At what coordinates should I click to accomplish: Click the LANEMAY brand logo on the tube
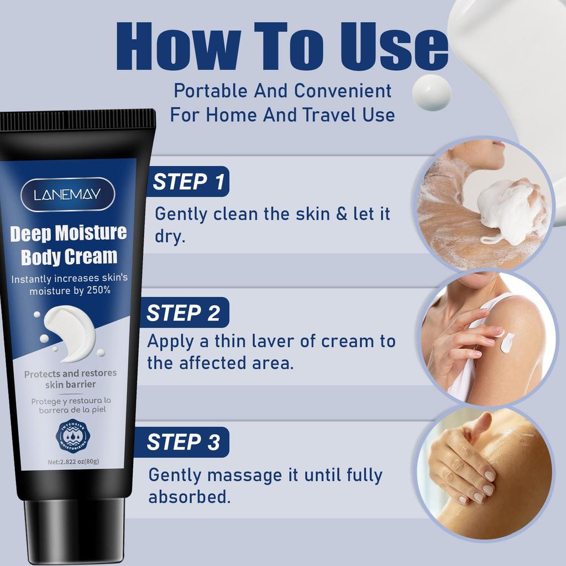tap(67, 194)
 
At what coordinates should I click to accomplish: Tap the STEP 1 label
tap(188, 182)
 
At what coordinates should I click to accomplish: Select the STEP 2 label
tap(183, 313)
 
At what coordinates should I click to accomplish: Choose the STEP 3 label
tap(183, 442)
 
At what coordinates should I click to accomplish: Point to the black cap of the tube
tap(75, 530)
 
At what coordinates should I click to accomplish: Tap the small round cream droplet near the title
tap(432, 92)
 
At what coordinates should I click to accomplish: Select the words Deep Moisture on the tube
tap(69, 233)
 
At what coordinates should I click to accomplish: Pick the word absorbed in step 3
tap(188, 496)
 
